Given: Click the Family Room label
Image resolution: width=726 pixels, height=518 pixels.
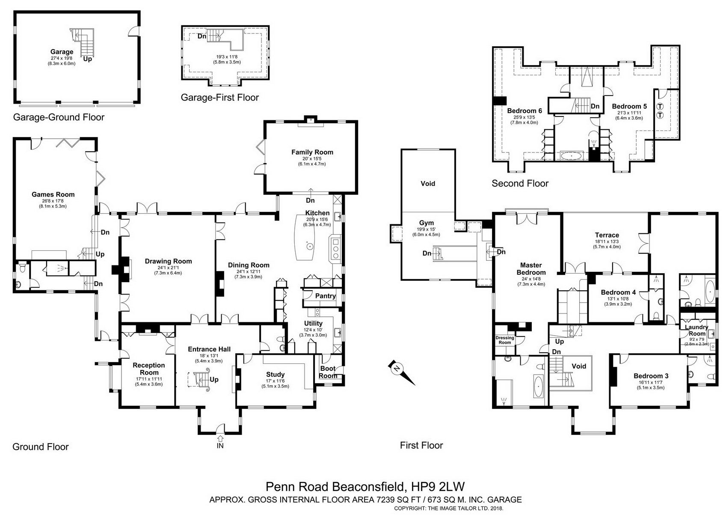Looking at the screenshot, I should [312, 152].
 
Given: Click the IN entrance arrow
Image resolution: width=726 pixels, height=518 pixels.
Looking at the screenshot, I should [220, 439].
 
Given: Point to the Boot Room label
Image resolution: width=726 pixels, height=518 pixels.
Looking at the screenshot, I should [328, 372].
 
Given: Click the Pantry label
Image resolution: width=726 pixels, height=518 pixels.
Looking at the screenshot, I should [326, 296].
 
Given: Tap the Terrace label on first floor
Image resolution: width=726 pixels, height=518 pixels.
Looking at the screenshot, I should [607, 235].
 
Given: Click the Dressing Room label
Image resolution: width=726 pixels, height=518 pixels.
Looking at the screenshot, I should [505, 340].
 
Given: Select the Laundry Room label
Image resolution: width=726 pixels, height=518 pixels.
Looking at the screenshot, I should [697, 330].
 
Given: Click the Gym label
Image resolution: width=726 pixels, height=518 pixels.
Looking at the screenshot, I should [426, 223].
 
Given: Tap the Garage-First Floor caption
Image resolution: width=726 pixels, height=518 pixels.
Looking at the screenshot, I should [219, 98].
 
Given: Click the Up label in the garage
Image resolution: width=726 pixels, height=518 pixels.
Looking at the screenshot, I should [88, 59].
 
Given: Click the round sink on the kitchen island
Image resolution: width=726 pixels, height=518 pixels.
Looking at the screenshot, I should [308, 246].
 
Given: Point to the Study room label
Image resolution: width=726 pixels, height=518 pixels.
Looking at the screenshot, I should [275, 375].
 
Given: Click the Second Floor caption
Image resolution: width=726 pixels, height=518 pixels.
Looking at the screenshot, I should [520, 184].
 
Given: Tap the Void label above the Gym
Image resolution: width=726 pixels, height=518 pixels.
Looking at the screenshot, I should [427, 184].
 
